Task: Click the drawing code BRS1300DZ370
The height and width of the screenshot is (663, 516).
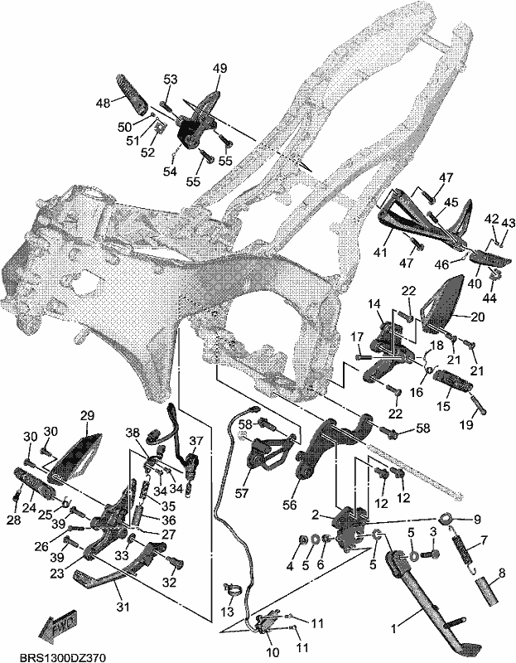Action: [63, 657]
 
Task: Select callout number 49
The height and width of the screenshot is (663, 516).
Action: [219, 69]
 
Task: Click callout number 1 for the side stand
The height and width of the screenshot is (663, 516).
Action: [393, 629]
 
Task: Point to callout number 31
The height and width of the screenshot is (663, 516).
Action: [122, 607]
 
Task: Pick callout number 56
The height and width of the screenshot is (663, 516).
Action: [290, 505]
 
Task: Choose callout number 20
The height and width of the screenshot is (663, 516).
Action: [477, 317]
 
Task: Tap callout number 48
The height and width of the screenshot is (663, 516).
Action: [104, 103]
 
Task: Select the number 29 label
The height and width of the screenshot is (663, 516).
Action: [87, 415]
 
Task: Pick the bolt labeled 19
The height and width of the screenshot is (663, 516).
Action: [478, 404]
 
